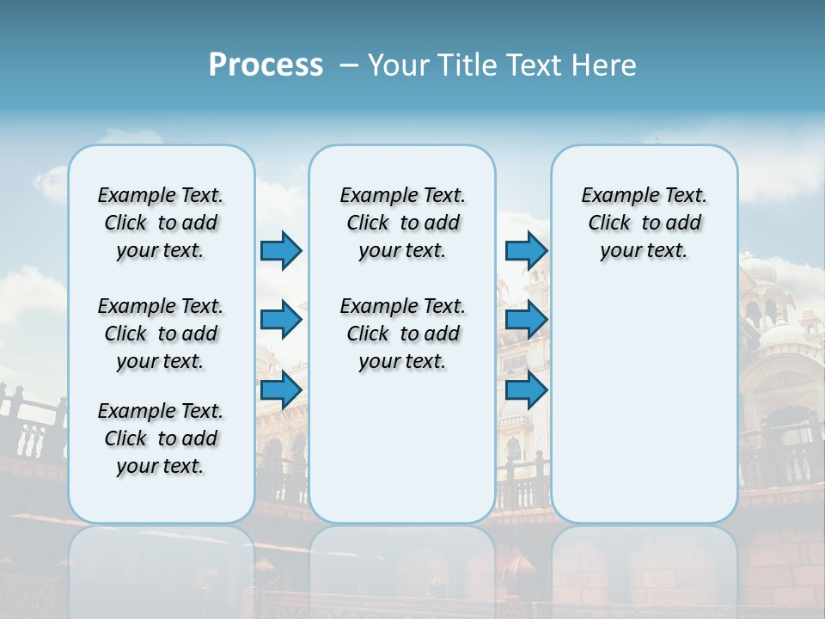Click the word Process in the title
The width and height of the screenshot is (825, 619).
point(266,65)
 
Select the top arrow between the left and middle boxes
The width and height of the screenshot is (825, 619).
point(281,250)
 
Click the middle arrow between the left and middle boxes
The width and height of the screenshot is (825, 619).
point(281,320)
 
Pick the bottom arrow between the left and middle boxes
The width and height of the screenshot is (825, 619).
point(281,389)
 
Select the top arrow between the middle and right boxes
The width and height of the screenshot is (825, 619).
point(526,250)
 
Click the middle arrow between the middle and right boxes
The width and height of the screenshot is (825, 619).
point(526,320)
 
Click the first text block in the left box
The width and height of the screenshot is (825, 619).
point(161,223)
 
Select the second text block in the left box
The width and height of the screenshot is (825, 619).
point(161,334)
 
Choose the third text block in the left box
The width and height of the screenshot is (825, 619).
point(161,438)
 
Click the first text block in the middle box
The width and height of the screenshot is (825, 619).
point(402,223)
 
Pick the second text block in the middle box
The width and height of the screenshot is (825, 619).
point(402,334)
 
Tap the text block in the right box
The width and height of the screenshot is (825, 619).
point(644,223)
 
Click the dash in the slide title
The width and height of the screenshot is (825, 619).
point(349,65)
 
